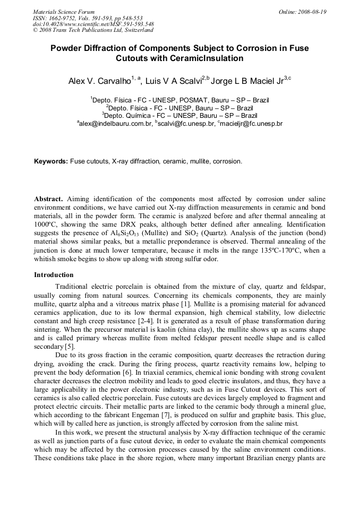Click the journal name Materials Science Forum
point(64,11)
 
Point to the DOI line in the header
point(93,24)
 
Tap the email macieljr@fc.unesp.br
point(252,123)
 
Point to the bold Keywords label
point(51,161)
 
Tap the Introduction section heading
point(54,275)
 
